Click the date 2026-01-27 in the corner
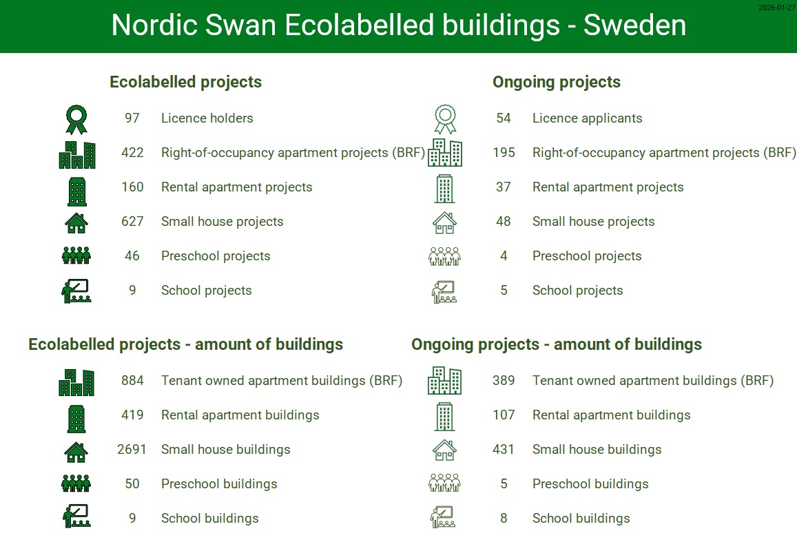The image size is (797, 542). tap(776, 8)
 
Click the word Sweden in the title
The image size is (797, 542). tap(634, 25)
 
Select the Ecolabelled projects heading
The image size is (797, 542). tap(185, 82)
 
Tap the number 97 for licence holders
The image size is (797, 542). tap(132, 118)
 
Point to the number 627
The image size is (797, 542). tap(132, 222)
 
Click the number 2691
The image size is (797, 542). tap(132, 450)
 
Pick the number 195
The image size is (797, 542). tap(504, 152)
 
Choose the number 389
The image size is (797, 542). tap(504, 380)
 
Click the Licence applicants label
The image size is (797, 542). tap(587, 118)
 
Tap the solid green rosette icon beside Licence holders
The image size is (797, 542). tap(76, 120)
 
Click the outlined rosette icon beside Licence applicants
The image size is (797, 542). tap(445, 120)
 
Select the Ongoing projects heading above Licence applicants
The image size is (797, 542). tap(557, 82)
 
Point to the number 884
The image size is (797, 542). tap(132, 380)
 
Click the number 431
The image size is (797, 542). tap(504, 450)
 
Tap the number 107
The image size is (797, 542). tap(504, 415)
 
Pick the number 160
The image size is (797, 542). tap(132, 187)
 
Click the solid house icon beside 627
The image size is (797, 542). tap(76, 223)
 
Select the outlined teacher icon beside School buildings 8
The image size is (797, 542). tap(443, 517)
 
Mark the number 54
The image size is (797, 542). tap(504, 118)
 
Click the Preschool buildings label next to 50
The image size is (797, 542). tap(219, 484)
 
